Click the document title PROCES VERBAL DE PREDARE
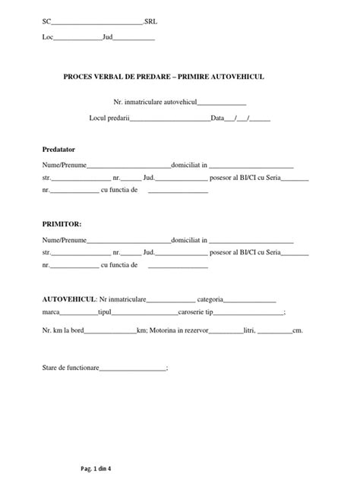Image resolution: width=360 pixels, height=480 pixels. [x=121, y=77]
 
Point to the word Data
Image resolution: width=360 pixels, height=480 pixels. [x=218, y=118]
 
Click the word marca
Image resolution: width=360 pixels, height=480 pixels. [x=51, y=312]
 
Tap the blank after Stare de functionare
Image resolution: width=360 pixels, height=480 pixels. [x=131, y=369]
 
